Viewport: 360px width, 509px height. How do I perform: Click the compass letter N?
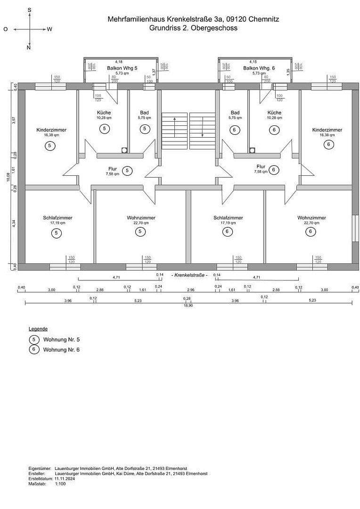coord(29,48)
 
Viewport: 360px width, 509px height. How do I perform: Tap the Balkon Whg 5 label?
coord(118,68)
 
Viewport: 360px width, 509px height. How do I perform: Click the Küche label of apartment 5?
coord(104,113)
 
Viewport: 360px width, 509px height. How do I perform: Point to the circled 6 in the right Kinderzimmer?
coord(328,145)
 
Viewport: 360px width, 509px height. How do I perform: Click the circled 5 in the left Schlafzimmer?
coord(57,233)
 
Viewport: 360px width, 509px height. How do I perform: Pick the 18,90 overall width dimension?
coord(188,305)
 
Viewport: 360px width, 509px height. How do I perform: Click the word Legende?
coord(38,329)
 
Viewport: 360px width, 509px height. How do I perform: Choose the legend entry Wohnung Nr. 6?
coord(61,350)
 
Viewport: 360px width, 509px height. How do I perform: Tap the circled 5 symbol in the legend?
coord(33,339)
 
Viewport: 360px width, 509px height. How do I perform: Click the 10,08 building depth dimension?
coord(8,177)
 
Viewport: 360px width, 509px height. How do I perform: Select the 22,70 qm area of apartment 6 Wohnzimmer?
coord(311,223)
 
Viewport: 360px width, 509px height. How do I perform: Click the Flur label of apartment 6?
coord(261,166)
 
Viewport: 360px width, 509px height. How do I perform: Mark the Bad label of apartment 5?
coord(144,113)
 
